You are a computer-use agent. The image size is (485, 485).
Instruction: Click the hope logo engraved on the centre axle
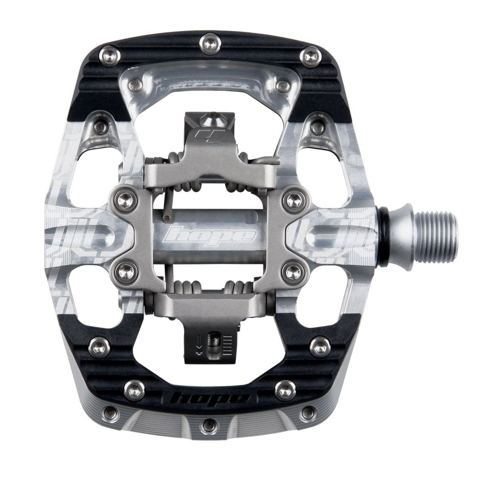point(210,236)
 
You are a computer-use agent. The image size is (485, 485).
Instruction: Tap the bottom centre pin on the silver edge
point(210,425)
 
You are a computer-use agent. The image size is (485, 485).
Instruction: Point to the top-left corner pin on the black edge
point(110,56)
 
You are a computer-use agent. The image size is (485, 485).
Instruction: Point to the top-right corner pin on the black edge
point(311,57)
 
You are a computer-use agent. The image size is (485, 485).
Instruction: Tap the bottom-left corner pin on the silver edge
point(111,413)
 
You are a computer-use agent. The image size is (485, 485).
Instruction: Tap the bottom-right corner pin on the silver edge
point(308,413)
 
